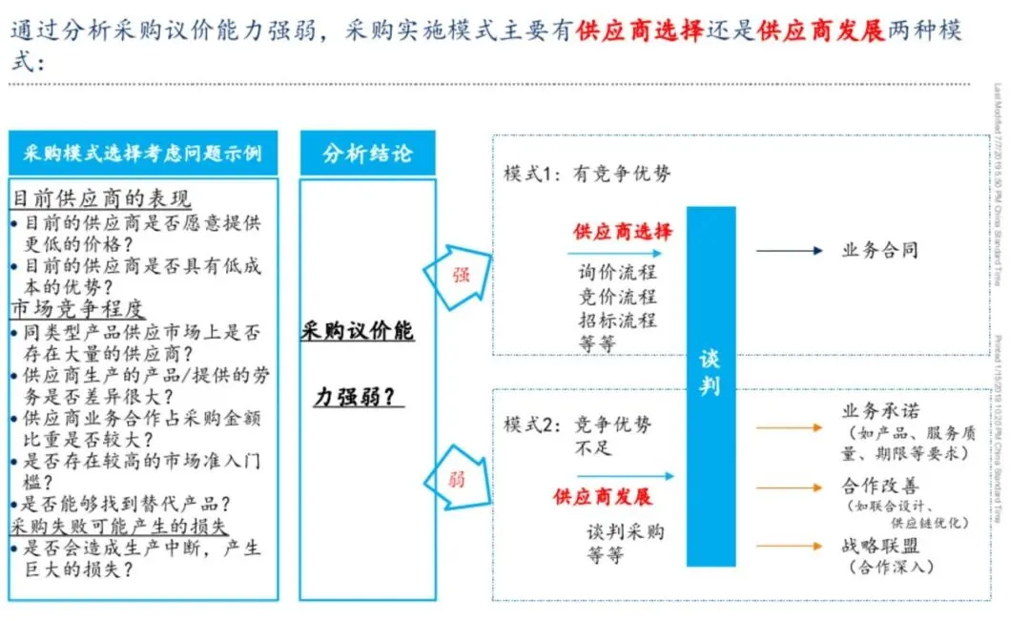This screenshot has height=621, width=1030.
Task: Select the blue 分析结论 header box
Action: (367, 153)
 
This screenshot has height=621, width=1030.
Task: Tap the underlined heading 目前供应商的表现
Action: (101, 198)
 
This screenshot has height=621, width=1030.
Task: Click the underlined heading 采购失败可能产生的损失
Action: (120, 526)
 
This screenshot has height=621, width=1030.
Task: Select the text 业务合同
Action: (879, 251)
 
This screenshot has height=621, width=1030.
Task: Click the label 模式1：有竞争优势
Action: (587, 174)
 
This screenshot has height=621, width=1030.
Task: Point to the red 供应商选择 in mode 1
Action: (622, 232)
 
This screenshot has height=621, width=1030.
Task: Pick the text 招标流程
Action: (617, 320)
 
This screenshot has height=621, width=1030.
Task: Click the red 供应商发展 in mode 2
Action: (603, 497)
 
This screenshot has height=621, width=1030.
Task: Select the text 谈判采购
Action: (625, 531)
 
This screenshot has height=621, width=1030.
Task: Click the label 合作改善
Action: (879, 485)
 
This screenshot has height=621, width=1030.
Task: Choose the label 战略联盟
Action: (879, 547)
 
